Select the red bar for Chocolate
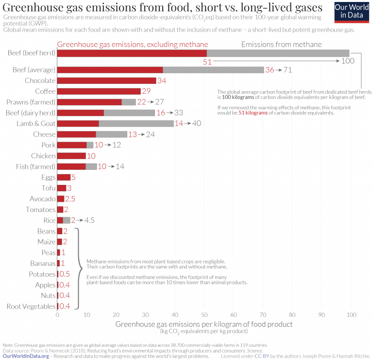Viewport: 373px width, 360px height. point(107,81)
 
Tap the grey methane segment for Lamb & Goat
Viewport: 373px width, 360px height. point(136,123)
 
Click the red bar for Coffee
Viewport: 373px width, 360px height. point(99,91)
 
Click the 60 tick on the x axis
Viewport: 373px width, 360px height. point(233,315)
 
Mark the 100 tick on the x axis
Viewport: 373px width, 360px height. point(350,315)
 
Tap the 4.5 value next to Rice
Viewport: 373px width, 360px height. point(89,220)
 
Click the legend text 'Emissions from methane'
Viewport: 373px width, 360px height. point(281,45)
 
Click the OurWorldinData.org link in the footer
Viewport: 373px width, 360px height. point(26,356)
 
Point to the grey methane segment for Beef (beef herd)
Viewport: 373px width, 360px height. point(278,53)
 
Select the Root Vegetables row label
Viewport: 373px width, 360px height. point(31,306)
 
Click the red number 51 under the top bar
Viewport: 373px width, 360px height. point(207,62)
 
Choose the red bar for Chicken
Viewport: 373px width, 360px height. point(71,156)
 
